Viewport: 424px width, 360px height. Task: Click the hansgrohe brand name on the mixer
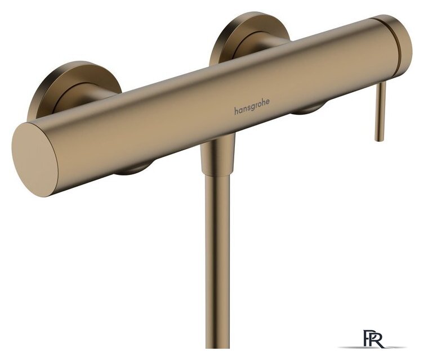coord(252,107)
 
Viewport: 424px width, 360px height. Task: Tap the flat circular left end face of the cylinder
coord(34,159)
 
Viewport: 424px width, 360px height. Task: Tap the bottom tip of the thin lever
coord(378,140)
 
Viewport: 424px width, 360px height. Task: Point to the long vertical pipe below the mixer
coord(217,262)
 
